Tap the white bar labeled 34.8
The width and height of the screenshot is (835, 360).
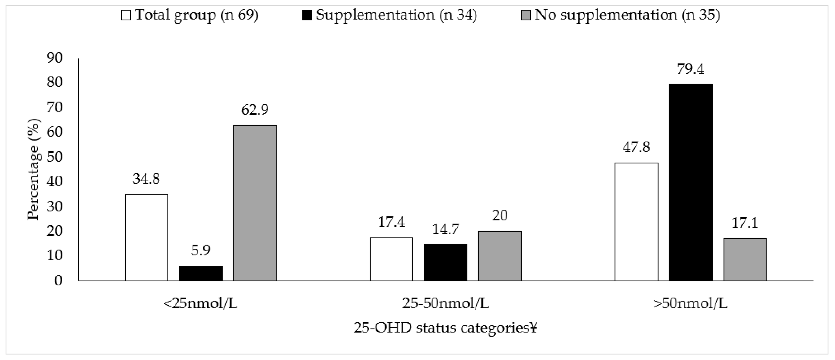tap(147, 238)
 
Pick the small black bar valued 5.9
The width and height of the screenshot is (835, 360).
tap(201, 273)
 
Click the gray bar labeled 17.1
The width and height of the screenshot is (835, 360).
tap(745, 259)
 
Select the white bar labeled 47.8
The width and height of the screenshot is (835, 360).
tap(636, 222)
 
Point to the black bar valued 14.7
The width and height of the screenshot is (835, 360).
tap(446, 262)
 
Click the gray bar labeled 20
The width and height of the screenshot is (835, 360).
tap(500, 256)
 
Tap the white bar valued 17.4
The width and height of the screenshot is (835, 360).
tap(391, 259)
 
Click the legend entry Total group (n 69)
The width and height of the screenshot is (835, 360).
tap(190, 15)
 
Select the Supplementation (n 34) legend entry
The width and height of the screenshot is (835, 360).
tap(389, 15)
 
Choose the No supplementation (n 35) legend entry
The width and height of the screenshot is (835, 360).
tap(620, 15)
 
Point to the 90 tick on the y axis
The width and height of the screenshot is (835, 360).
tap(54, 58)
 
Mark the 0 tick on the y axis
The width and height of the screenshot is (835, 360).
tap(58, 281)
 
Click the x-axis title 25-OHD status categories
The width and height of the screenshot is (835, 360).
tap(445, 328)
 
